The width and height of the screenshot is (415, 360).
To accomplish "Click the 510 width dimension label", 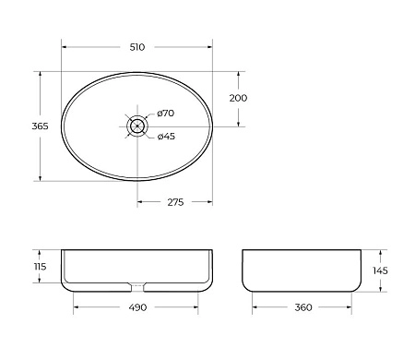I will coord(137,46).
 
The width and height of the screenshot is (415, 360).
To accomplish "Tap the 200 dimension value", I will coord(238,98).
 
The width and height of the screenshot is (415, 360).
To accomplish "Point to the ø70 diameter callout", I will coord(166,113).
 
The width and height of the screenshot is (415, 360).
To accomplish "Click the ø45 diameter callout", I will coord(166,137).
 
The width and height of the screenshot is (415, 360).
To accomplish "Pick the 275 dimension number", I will coord(174,202).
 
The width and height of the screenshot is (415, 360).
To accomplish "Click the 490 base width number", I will coord(137,308).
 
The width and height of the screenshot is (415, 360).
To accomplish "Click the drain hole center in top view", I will coord(137,126).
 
